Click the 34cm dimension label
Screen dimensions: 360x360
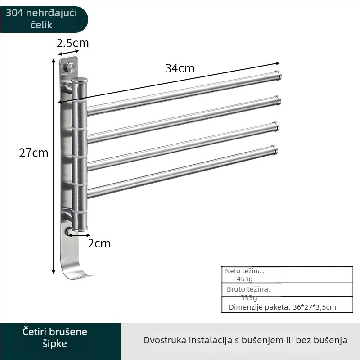180,68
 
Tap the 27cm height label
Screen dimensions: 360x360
33,153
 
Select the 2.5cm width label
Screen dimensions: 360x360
72,43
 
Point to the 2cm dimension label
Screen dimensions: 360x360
99,243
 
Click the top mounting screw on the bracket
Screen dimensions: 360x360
70,67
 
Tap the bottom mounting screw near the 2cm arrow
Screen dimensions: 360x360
68,231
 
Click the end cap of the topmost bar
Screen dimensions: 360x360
278,76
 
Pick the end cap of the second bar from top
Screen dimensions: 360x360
278,100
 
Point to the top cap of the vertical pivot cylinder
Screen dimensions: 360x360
80,81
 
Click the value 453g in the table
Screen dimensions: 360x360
245,279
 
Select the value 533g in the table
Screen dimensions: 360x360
249,297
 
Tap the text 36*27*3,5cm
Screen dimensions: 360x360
315,307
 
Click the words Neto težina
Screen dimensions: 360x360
244,271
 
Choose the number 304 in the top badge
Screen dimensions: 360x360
14,13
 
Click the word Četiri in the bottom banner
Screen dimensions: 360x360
36,332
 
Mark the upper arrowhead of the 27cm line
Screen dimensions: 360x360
54,60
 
